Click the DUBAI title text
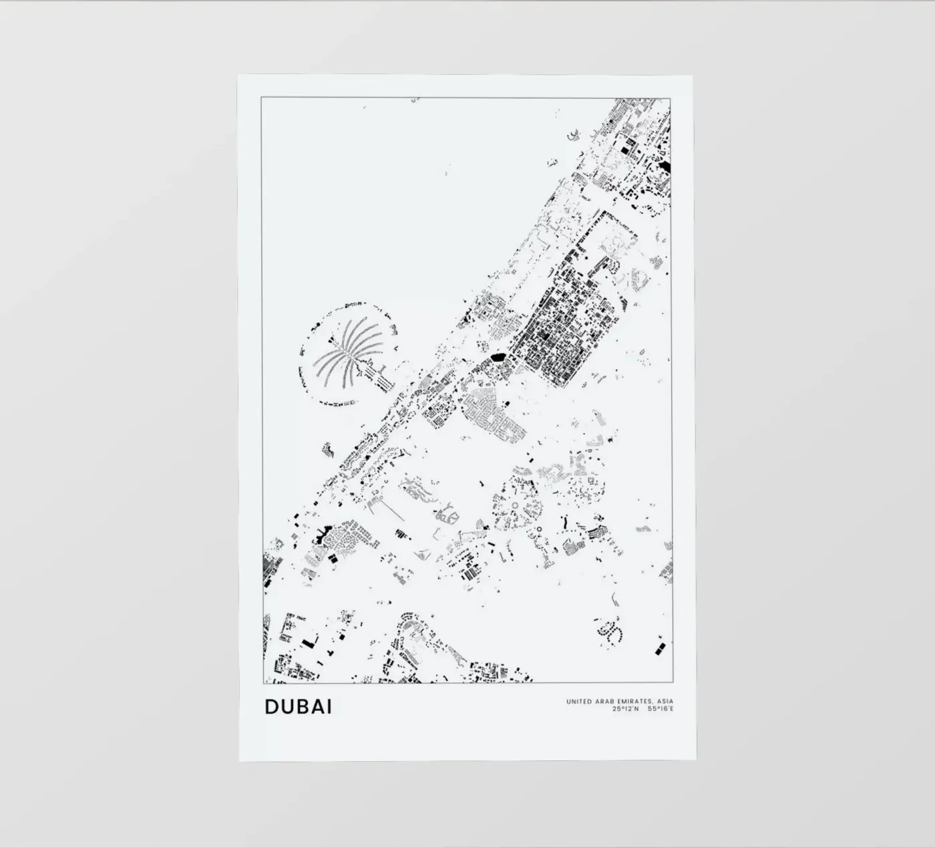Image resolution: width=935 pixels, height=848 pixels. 298,706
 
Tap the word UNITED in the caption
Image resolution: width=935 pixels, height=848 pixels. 579,702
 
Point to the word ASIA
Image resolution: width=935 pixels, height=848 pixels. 665,702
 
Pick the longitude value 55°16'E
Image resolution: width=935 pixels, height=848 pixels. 661,708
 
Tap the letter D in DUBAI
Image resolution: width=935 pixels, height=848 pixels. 271,706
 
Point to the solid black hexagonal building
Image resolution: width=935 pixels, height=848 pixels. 498,358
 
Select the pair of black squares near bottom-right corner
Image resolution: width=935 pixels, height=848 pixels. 659,647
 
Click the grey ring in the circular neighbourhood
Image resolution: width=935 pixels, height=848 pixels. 515,506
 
